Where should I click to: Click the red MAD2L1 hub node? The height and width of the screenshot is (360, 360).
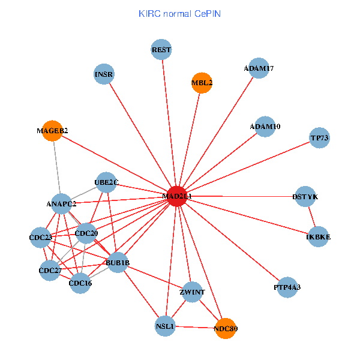coord(176,196)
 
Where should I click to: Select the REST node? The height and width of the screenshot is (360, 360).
coord(161,49)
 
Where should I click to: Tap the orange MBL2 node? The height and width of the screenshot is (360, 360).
coord(202,83)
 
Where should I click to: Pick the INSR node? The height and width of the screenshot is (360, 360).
coord(104,74)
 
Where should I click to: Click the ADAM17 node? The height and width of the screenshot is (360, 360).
coord(259,68)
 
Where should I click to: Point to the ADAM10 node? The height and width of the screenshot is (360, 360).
coord(265,127)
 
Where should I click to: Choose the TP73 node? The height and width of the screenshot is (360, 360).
coord(320,139)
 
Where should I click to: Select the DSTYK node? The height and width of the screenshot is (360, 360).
coord(305,197)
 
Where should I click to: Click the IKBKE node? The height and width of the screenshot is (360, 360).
coord(319,237)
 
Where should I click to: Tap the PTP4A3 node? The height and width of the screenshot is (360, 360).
coord(287,287)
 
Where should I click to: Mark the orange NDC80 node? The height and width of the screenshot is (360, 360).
coord(226,328)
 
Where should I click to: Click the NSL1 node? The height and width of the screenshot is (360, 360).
coord(165,326)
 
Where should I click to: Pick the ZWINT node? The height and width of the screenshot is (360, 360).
coord(193,292)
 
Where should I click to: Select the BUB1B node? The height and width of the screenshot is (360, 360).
coord(118,262)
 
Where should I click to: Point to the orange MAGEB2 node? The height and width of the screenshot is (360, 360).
coord(52,130)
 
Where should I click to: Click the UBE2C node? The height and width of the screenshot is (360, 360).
coord(106,182)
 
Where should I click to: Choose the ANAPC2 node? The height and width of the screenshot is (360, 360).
coord(61,204)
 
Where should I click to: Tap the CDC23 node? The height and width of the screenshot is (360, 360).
coord(41,238)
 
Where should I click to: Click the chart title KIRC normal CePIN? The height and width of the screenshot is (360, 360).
coord(179,13)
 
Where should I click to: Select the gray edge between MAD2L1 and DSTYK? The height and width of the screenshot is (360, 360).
coord(240,196)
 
